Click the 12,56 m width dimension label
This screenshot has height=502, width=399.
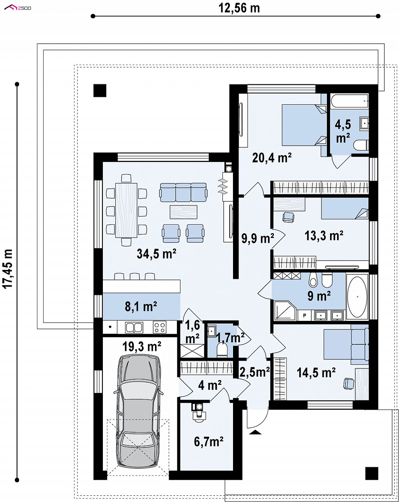click(x=239, y=9)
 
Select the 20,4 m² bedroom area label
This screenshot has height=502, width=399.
click(x=272, y=158)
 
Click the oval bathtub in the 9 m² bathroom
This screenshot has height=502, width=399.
click(x=357, y=296)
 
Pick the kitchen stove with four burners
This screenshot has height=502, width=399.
click(x=160, y=327)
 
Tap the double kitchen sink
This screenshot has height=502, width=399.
click(x=134, y=327)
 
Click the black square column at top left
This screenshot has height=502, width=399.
click(x=100, y=90)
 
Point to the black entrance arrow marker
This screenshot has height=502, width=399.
click(x=256, y=432)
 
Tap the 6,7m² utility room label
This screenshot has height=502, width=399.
click(x=208, y=442)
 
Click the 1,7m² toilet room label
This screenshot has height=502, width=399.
click(x=230, y=338)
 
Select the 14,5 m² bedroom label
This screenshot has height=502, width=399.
click(x=316, y=373)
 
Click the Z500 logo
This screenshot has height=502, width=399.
click(x=18, y=8)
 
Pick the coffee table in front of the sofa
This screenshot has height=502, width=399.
click(x=184, y=212)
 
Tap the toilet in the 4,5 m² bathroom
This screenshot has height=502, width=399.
click(x=361, y=145)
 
